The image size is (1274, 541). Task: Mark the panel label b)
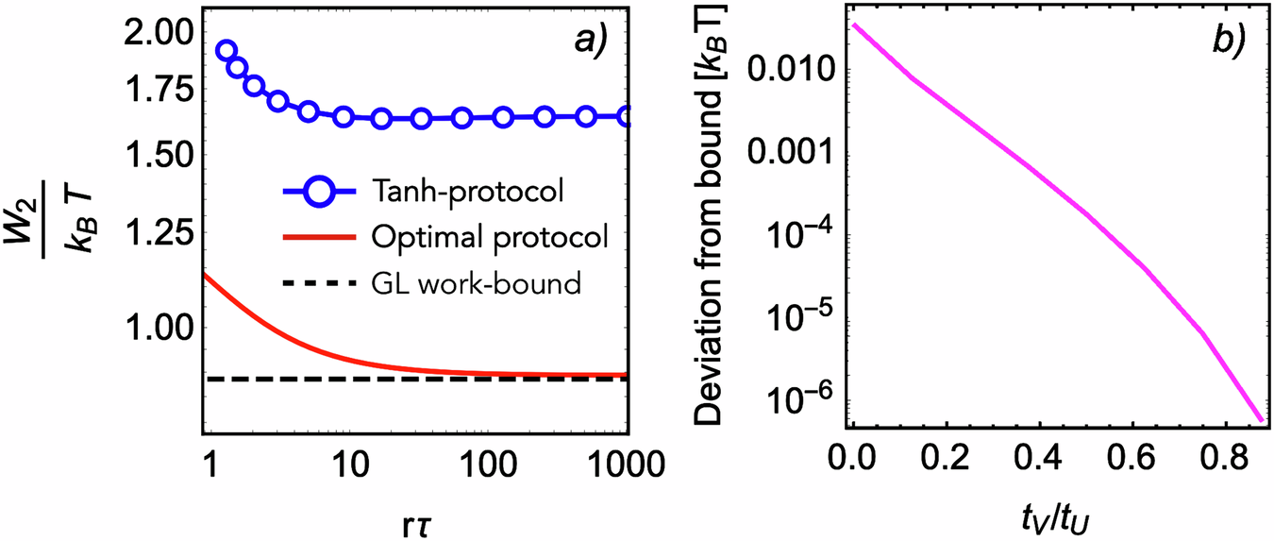[x=1226, y=40]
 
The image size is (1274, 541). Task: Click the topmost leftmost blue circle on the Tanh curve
[x=226, y=51]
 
